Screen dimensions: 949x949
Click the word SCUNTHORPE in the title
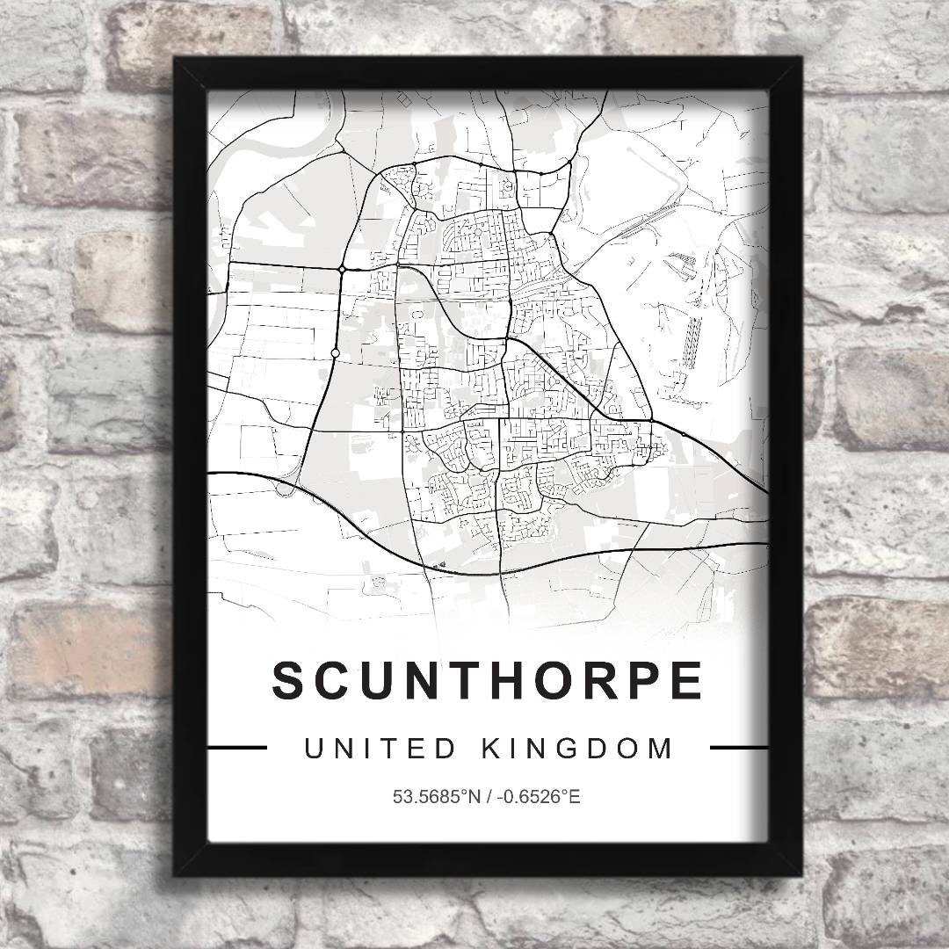(487, 681)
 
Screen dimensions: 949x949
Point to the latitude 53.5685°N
(438, 798)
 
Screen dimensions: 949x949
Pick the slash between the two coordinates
(489, 798)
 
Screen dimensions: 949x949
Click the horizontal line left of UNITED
(236, 749)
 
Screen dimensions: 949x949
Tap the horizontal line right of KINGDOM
(738, 749)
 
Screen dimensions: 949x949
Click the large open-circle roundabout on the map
(335, 353)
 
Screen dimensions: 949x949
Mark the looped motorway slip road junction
(284, 486)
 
